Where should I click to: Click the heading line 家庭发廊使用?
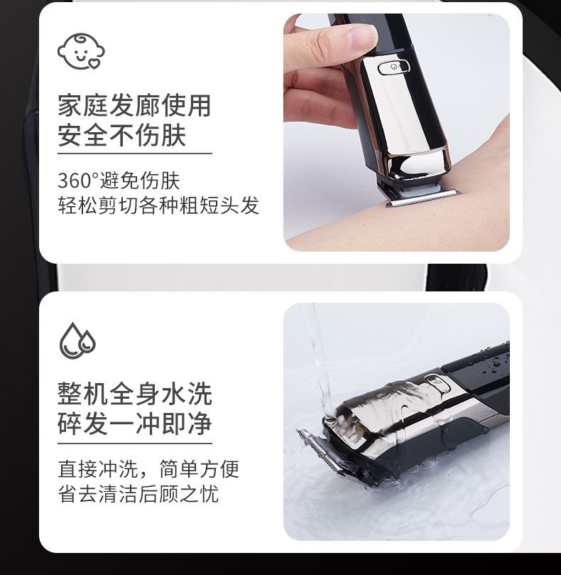point(134,106)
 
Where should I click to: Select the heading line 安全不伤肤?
point(121,134)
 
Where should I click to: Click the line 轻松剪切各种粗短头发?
point(158,205)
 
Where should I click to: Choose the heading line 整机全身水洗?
point(134,394)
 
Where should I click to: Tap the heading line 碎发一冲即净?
point(134,424)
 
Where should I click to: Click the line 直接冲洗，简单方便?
point(148,469)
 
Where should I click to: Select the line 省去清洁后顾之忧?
point(138,494)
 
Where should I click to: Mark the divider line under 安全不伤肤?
point(134,153)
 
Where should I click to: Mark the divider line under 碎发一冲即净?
point(134,443)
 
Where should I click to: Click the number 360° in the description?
point(78,180)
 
